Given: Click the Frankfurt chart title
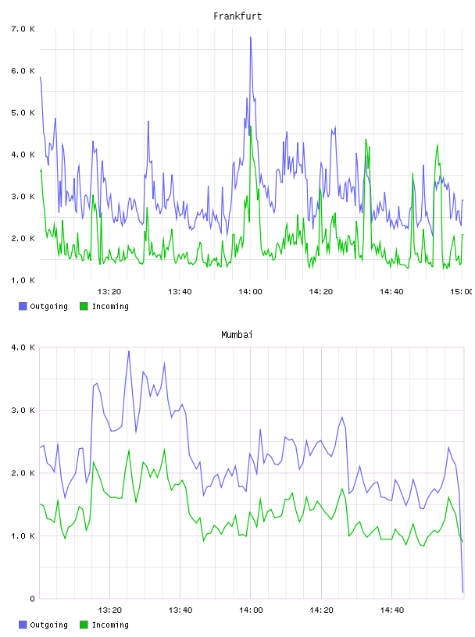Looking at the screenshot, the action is click(237, 16).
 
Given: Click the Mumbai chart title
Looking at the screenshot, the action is click(237, 335).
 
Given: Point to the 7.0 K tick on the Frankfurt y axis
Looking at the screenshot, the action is click(23, 29).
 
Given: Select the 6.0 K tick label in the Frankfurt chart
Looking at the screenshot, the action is click(23, 71).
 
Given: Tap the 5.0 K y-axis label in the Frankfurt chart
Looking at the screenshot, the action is click(23, 112).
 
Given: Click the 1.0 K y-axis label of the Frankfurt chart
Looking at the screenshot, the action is click(23, 280).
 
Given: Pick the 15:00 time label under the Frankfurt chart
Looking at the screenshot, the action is click(462, 291).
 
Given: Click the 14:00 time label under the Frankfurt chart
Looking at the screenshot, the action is click(250, 291).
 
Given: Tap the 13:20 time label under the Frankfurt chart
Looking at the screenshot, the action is click(109, 291).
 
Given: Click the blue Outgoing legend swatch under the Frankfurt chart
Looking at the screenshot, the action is click(23, 306).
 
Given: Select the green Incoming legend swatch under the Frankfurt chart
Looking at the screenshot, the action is click(84, 306).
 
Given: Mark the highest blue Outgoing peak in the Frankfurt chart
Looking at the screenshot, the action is click(251, 37).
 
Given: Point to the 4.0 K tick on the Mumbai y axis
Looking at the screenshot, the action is click(23, 347).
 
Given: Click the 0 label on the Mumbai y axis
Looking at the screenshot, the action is click(33, 599).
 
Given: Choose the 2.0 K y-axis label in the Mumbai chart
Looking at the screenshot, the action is click(23, 473).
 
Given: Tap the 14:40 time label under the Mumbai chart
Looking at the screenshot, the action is click(391, 610).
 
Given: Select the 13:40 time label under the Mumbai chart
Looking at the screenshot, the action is click(180, 610).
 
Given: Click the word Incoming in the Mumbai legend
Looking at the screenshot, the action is click(110, 625).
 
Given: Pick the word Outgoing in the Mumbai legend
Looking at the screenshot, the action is click(48, 625).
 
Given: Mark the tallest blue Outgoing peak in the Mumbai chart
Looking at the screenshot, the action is click(129, 351).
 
